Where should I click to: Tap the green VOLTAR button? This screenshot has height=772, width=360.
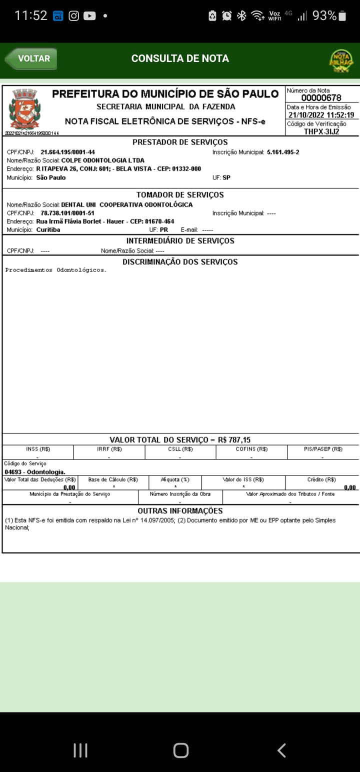[x=31, y=58]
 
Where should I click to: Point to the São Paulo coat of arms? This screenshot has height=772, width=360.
[x=24, y=109]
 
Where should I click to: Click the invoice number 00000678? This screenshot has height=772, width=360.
[x=321, y=98]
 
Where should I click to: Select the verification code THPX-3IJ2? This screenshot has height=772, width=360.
[x=321, y=131]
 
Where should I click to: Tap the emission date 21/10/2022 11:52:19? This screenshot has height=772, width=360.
[x=321, y=115]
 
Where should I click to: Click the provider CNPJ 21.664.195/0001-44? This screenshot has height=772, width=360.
[x=67, y=152]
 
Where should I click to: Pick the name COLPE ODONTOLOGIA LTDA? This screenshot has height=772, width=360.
[x=102, y=160]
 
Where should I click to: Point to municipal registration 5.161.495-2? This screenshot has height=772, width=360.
[x=283, y=152]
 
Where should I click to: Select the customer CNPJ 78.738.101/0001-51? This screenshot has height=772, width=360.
[x=67, y=213]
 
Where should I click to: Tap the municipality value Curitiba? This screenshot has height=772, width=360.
[x=48, y=229]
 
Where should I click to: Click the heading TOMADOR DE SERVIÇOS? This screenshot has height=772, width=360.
[x=180, y=194]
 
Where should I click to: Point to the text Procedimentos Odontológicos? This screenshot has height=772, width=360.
[x=55, y=270]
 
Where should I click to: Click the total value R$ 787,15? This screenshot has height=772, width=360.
[x=234, y=440]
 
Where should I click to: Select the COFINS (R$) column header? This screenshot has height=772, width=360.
[x=251, y=449]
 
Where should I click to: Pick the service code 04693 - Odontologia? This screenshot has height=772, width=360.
[x=34, y=472]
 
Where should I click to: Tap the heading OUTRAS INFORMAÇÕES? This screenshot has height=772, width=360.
[x=180, y=511]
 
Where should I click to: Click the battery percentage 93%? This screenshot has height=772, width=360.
[x=324, y=16]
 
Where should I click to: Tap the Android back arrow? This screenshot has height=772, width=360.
[x=281, y=750]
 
